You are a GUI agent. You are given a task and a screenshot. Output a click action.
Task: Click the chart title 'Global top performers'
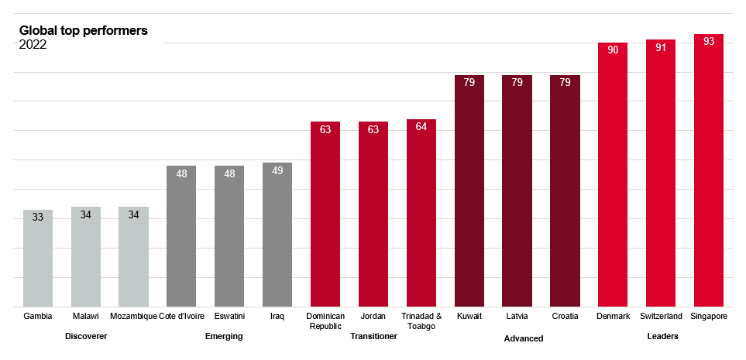coord(83,31)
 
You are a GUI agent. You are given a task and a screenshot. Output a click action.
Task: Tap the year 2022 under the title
coord(33,45)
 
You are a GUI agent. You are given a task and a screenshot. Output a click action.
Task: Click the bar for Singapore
coord(708,170)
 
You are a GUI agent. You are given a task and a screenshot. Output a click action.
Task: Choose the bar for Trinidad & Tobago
coord(421,213)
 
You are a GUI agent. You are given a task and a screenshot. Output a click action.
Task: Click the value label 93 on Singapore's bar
coord(708,42)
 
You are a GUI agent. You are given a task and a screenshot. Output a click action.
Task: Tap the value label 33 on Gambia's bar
coord(38,218)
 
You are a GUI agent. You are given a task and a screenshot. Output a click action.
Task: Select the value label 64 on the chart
coord(421,126)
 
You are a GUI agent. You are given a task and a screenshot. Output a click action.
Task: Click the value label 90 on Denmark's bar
coord(613,50)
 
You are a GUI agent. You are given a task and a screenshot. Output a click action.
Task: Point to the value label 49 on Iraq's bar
coord(277,170)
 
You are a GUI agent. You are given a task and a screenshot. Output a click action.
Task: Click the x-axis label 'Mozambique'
coord(133,317)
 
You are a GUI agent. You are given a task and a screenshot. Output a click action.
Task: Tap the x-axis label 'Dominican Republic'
coord(325,321)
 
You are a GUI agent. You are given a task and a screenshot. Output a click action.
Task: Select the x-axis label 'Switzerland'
coord(660,317)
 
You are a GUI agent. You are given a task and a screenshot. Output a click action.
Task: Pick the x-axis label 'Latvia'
coord(517,317)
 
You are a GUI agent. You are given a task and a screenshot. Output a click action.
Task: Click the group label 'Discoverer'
coord(86,336)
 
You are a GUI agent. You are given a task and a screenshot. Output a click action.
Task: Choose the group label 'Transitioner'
coord(373,336)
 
